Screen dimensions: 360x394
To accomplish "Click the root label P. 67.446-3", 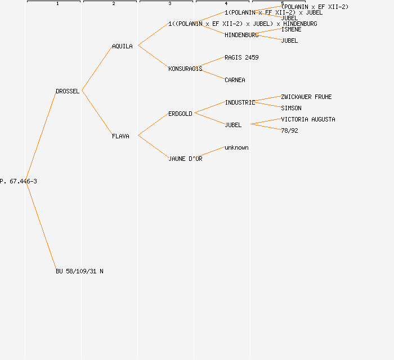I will [x=19, y=181].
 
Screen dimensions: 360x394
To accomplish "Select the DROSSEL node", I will [x=68, y=91].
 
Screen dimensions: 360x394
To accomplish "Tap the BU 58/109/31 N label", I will [x=79, y=271].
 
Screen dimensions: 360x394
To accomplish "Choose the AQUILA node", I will [x=122, y=46].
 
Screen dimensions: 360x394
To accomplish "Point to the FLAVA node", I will [x=120, y=136].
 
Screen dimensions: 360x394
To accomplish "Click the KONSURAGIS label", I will [x=185, y=69].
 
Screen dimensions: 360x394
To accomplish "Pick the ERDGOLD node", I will [x=180, y=114].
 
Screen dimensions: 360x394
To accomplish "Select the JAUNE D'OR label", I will [x=185, y=159].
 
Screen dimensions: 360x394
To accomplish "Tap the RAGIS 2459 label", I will [x=241, y=57].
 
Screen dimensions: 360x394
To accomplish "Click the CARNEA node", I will [x=235, y=80].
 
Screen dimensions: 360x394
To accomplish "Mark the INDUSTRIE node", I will [x=240, y=102].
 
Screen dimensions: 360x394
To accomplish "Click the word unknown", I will [x=236, y=147].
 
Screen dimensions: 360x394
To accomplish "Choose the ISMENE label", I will [x=291, y=29].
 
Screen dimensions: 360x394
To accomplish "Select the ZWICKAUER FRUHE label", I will [x=306, y=97].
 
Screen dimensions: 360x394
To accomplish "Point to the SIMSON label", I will [x=291, y=108].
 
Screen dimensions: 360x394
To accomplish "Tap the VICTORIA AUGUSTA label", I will [x=308, y=119].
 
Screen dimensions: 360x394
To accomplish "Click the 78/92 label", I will [x=289, y=130].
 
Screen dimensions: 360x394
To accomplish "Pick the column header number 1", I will [x=57, y=4].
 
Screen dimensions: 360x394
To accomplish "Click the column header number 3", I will [x=170, y=4].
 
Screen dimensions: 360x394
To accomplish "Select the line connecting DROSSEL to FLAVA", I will [x=97, y=112].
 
